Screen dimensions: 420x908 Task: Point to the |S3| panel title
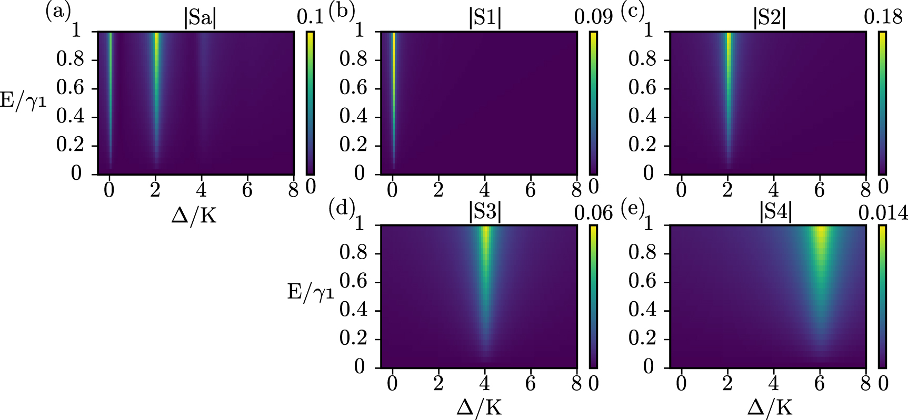point(484,213)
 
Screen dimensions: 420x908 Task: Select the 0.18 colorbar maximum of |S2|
point(882,18)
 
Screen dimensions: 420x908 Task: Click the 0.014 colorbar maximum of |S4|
point(882,212)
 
